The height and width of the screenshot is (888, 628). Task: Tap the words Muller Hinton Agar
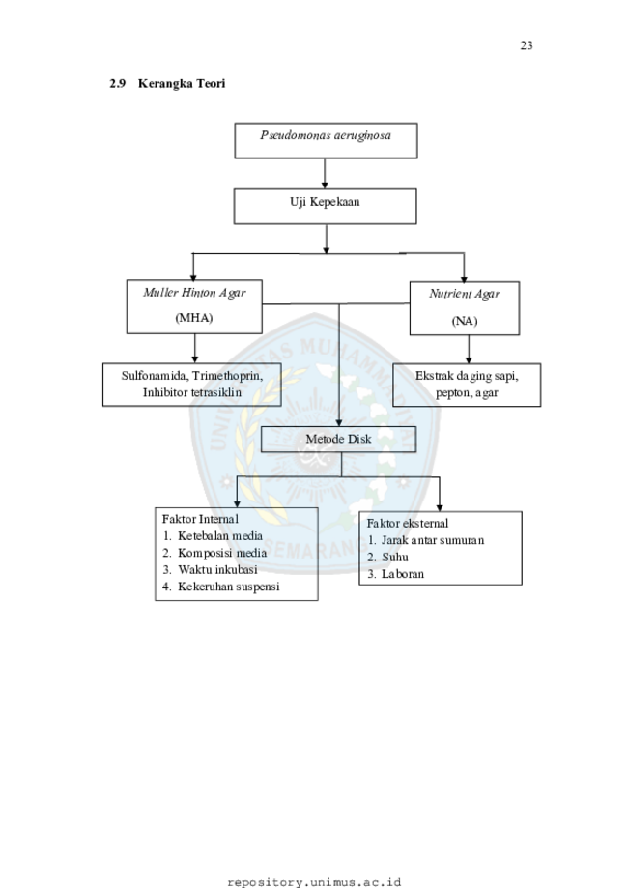194,293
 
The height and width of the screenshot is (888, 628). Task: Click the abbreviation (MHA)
194,318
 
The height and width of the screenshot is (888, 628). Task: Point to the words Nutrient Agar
465,295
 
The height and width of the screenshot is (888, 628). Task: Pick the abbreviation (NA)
465,322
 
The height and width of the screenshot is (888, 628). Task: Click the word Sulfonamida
154,376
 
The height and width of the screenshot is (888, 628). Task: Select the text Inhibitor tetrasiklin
192,393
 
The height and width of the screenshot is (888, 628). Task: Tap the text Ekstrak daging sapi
467,376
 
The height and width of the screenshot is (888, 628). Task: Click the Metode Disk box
338,440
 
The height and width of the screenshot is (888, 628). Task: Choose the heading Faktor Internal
200,519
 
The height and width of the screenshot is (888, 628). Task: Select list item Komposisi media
222,553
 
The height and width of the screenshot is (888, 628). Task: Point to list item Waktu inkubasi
217,570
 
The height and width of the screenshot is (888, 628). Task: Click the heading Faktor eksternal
407,524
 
